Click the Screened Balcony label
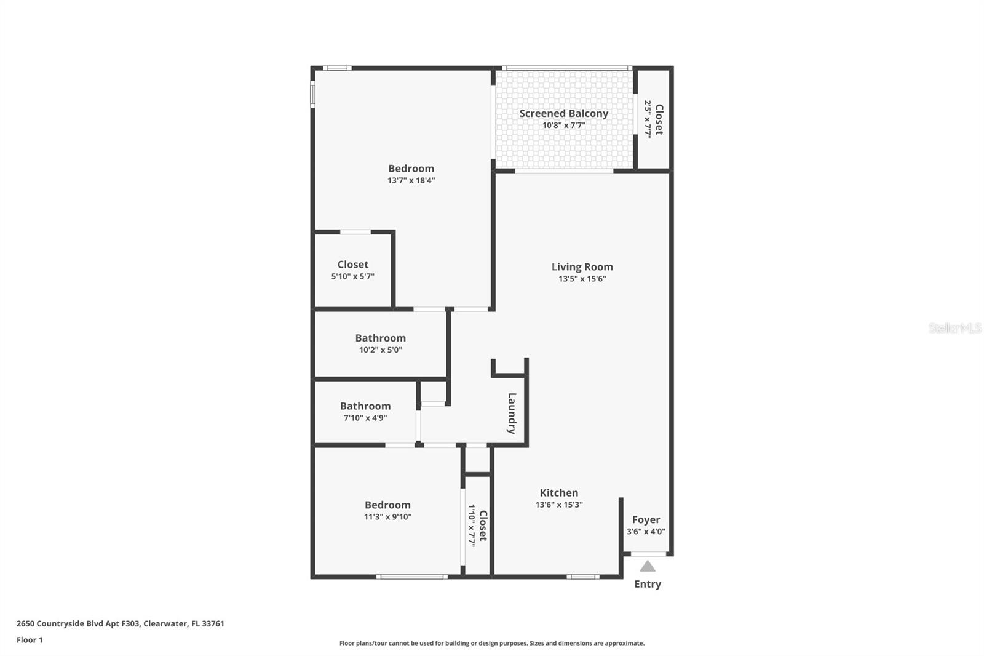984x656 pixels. coord(563,113)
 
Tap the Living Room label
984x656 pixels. coord(582,266)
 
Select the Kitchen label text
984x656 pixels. coord(558,492)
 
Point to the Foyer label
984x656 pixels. coord(646,519)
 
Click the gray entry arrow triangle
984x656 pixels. coord(647,566)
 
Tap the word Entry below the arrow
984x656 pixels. coord(648,584)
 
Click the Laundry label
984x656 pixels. coord(512,414)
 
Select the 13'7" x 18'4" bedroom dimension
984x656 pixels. coord(411,180)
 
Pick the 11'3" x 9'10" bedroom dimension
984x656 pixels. coord(387,517)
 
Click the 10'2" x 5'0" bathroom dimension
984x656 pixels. coord(380,350)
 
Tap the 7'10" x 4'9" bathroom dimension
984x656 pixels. coord(365,418)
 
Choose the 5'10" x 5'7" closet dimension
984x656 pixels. coord(352,276)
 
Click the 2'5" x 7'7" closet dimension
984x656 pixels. coord(648,119)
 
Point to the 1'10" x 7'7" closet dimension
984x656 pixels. coord(472,526)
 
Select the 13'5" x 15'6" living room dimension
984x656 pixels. coord(582,279)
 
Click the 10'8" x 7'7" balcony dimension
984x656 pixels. coord(563,125)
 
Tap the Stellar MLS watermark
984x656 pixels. coord(954,328)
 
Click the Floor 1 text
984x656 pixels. coord(30,640)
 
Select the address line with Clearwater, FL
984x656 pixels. coord(120,623)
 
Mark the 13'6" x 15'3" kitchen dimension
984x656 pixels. coord(558,505)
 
